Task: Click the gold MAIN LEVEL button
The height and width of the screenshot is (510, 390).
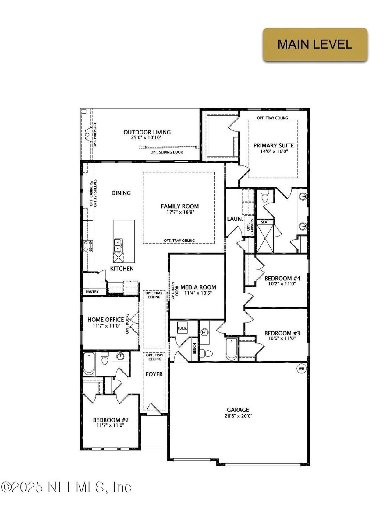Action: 315,44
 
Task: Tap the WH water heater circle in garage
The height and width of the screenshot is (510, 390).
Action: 301,369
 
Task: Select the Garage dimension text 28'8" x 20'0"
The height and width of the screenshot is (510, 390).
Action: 238,415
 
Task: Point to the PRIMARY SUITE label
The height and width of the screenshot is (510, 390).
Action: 274,145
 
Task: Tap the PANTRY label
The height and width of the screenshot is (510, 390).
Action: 92,292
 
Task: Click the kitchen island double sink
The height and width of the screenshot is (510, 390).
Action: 118,245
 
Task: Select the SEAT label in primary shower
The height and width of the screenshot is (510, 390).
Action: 265,222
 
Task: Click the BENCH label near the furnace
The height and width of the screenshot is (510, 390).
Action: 194,349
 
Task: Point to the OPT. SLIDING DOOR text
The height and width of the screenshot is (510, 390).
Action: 167,152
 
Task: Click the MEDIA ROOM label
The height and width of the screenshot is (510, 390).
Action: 198,287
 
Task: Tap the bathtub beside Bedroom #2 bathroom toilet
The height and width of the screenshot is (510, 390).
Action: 89,364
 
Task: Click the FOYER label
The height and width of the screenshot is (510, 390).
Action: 154,374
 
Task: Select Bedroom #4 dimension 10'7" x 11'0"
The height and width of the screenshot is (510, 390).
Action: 282,283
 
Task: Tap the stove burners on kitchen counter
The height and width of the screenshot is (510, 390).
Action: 88,246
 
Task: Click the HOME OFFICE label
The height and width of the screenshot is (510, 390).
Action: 105,320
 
